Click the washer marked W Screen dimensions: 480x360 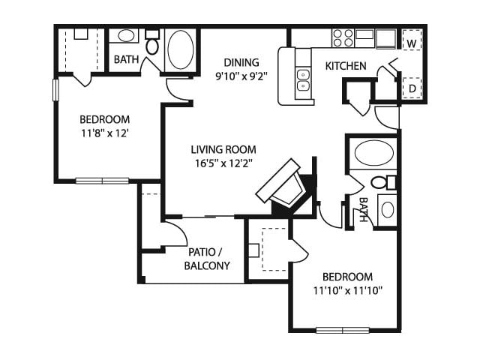pyautogui.click(x=412, y=40)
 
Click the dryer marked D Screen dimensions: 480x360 pyautogui.click(x=412, y=88)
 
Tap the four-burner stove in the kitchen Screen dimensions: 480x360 pyautogui.click(x=343, y=38)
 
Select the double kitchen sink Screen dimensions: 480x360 pyautogui.click(x=303, y=79)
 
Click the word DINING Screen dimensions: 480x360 pyautogui.click(x=241, y=62)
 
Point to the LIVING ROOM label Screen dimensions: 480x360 pyautogui.click(x=223, y=150)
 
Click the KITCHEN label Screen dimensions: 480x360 pyautogui.click(x=346, y=66)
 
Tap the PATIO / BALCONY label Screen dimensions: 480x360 pyautogui.click(x=207, y=259)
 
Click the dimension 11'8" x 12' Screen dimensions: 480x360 pyautogui.click(x=104, y=133)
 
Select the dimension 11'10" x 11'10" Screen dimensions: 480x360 pyautogui.click(x=348, y=290)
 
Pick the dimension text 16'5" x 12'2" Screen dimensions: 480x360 pyautogui.click(x=223, y=163)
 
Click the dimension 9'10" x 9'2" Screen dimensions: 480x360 pyautogui.click(x=241, y=76)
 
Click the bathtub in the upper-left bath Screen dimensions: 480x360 pyautogui.click(x=181, y=49)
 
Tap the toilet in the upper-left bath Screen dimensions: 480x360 pyautogui.click(x=152, y=42)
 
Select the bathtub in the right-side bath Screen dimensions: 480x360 pyautogui.click(x=373, y=153)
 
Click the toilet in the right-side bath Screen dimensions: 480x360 pyautogui.click(x=383, y=182)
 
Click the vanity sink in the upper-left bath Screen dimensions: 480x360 pyautogui.click(x=125, y=36)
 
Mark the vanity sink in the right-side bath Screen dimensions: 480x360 pyautogui.click(x=387, y=210)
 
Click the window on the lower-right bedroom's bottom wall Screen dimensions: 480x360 pyautogui.click(x=343, y=331)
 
